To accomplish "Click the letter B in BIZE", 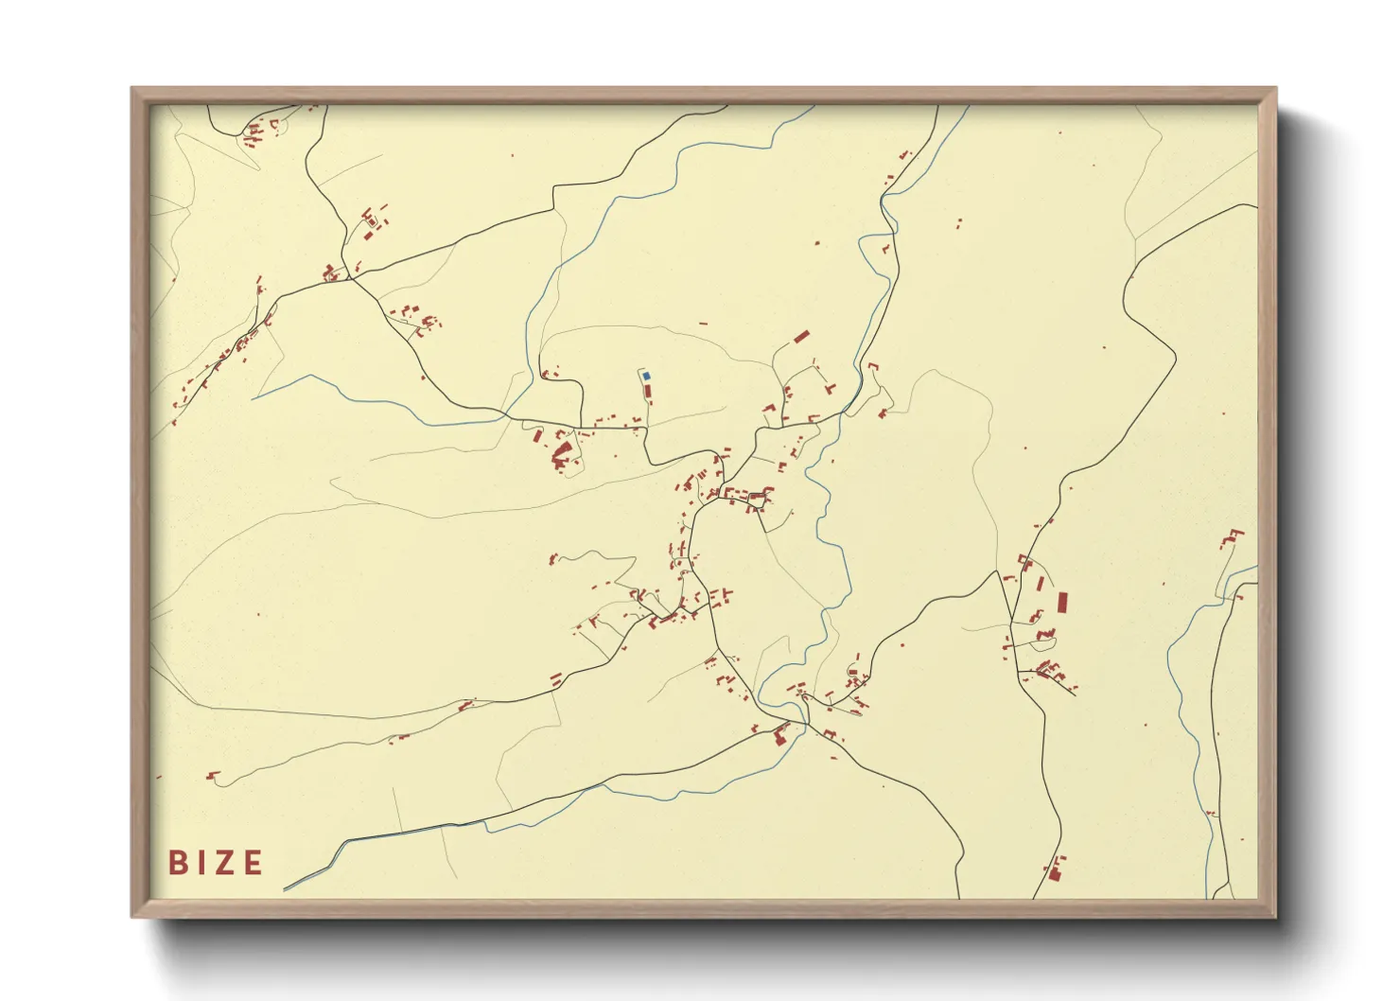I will click(176, 863).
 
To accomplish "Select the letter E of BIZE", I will click(253, 863).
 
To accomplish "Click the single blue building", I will click(646, 376).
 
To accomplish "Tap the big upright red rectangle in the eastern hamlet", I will click(1062, 603).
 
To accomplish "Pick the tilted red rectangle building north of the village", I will click(801, 336).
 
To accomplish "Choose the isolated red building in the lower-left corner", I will click(212, 777).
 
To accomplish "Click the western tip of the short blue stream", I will click(253, 398).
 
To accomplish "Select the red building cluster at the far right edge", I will click(1232, 539).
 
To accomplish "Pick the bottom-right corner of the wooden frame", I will click(1276, 917).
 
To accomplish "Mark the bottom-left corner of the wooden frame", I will click(132, 917).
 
